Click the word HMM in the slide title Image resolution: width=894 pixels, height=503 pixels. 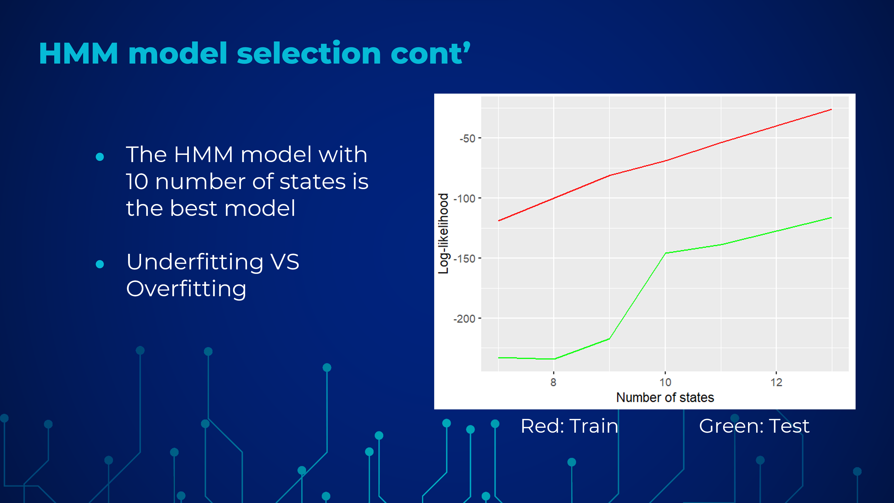coord(79,54)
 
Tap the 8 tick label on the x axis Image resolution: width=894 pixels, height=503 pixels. coord(553,382)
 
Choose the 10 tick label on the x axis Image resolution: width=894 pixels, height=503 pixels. coord(665,382)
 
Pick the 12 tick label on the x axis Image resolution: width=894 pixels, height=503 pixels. coord(776,382)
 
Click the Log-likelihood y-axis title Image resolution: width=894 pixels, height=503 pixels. coord(444,233)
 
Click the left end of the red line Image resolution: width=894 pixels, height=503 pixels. coord(499,221)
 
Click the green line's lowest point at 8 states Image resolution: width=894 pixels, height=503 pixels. coord(554,359)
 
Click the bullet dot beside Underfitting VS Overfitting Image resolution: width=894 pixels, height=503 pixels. coord(100,264)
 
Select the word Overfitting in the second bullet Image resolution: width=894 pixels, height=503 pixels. coord(186,289)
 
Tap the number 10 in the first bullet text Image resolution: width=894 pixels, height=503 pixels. coord(137,182)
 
